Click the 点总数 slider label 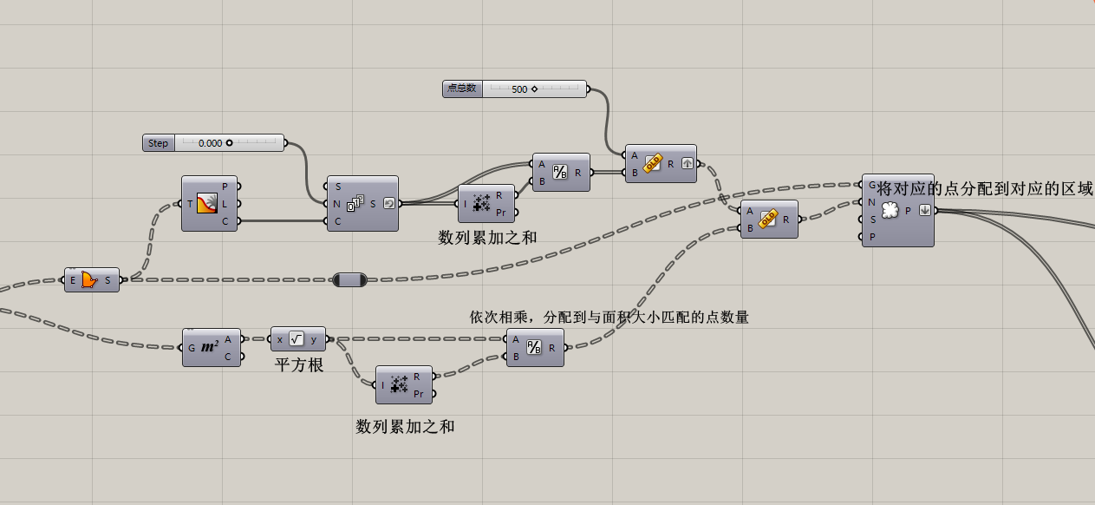(462, 89)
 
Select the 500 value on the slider (520, 89)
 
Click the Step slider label (159, 143)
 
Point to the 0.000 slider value (210, 143)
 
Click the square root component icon (297, 339)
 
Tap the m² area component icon (210, 347)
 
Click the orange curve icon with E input (90, 279)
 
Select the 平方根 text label (299, 365)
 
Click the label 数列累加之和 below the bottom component (405, 426)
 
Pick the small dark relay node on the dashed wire (349, 279)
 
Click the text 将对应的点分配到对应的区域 (985, 188)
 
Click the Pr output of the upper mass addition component (501, 212)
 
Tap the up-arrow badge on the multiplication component (686, 163)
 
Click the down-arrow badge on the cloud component (925, 210)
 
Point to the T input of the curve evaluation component (190, 204)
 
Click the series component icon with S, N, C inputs (355, 204)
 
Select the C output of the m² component (228, 356)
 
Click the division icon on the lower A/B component (535, 347)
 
